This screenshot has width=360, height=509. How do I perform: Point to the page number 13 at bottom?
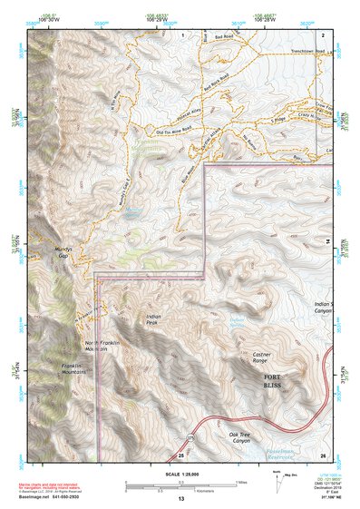coord(180,498)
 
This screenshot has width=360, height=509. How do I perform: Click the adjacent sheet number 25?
coord(180,455)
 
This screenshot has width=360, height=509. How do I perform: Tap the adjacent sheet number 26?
coord(322,455)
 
